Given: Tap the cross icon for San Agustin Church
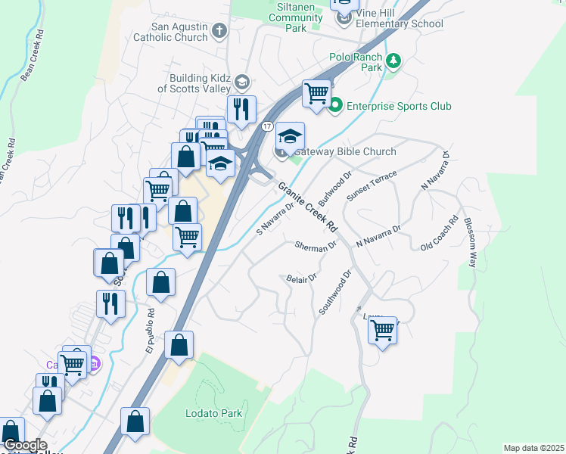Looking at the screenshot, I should (220, 31).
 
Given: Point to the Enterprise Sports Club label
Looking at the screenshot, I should (399, 106).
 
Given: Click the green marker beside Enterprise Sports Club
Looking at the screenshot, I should (335, 106).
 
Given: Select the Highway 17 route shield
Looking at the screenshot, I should (268, 126).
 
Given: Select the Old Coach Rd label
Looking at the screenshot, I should (440, 234).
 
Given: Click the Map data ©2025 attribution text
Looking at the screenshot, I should (533, 448).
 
